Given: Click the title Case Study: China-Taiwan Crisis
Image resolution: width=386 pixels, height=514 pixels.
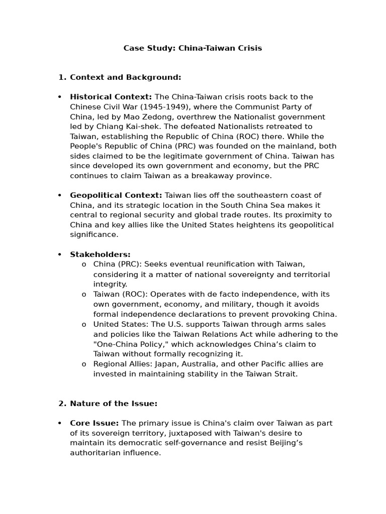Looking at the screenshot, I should pos(192,48).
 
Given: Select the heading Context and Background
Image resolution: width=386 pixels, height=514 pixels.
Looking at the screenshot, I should pos(125,77).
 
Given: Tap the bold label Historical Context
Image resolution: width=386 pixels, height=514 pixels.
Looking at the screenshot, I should pos(111,97).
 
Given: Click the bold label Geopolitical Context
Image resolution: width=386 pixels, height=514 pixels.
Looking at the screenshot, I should pos(116,195).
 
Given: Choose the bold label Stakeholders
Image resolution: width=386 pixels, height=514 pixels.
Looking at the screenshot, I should pos(100,254).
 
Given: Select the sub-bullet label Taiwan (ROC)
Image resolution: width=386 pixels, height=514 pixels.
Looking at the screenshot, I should pos(121,294).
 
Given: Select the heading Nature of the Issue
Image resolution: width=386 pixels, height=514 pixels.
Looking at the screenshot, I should pos(114,404).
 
